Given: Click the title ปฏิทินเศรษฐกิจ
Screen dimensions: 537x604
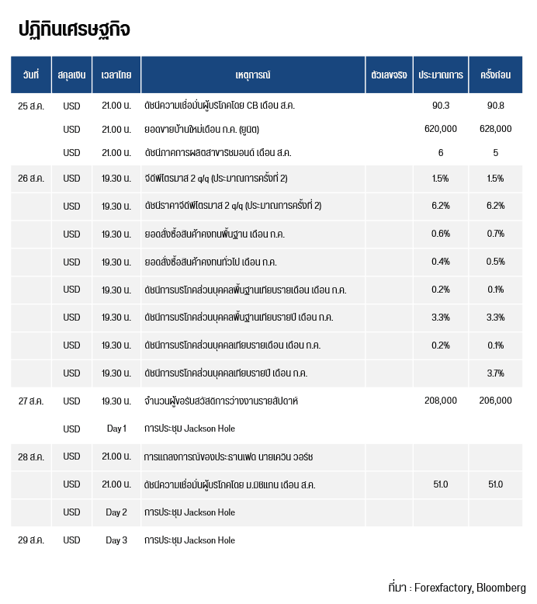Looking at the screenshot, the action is (x=74, y=30).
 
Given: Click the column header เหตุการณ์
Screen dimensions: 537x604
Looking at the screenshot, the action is (x=253, y=75).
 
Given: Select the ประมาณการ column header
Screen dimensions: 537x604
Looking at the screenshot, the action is (x=441, y=75).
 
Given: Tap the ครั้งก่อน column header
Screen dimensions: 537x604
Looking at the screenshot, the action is (x=495, y=75).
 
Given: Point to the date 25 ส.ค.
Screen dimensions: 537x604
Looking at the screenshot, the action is (x=31, y=106).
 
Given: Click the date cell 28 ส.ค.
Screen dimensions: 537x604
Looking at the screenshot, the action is (x=31, y=457).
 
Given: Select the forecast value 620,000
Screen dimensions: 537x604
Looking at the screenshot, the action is (x=441, y=129).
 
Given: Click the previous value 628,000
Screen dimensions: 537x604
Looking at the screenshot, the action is (x=495, y=129).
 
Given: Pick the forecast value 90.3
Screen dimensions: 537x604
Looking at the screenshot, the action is (x=441, y=105).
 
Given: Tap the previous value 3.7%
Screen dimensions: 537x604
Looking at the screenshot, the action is (x=495, y=373).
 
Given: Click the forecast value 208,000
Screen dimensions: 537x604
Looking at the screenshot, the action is (x=441, y=401).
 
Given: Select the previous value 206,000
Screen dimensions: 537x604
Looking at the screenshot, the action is (x=495, y=401).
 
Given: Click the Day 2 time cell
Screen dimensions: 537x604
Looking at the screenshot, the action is (x=116, y=512).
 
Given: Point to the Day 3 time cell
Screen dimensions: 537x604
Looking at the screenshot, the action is (x=116, y=540).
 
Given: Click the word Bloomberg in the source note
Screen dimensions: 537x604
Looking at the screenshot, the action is (x=501, y=588).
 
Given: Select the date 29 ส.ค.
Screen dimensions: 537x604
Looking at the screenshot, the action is (x=31, y=540).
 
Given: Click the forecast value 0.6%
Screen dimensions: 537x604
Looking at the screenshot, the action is (x=441, y=234).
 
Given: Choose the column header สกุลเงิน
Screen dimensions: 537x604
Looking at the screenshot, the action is (x=71, y=75).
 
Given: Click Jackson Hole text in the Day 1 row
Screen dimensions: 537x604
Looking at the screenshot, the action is (x=210, y=429).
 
